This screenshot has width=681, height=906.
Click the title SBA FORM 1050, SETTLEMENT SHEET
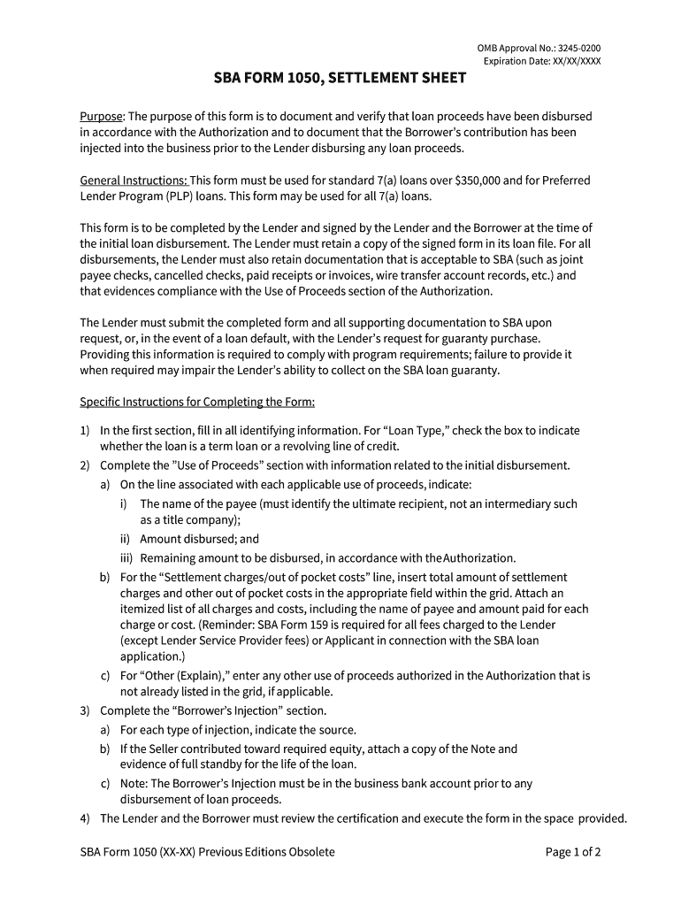click(340, 79)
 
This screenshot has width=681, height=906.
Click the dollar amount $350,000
click(484, 180)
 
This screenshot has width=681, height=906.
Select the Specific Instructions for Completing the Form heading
click(197, 403)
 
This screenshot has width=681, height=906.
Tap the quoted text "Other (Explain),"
click(194, 676)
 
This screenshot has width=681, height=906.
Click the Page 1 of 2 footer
click(573, 853)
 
